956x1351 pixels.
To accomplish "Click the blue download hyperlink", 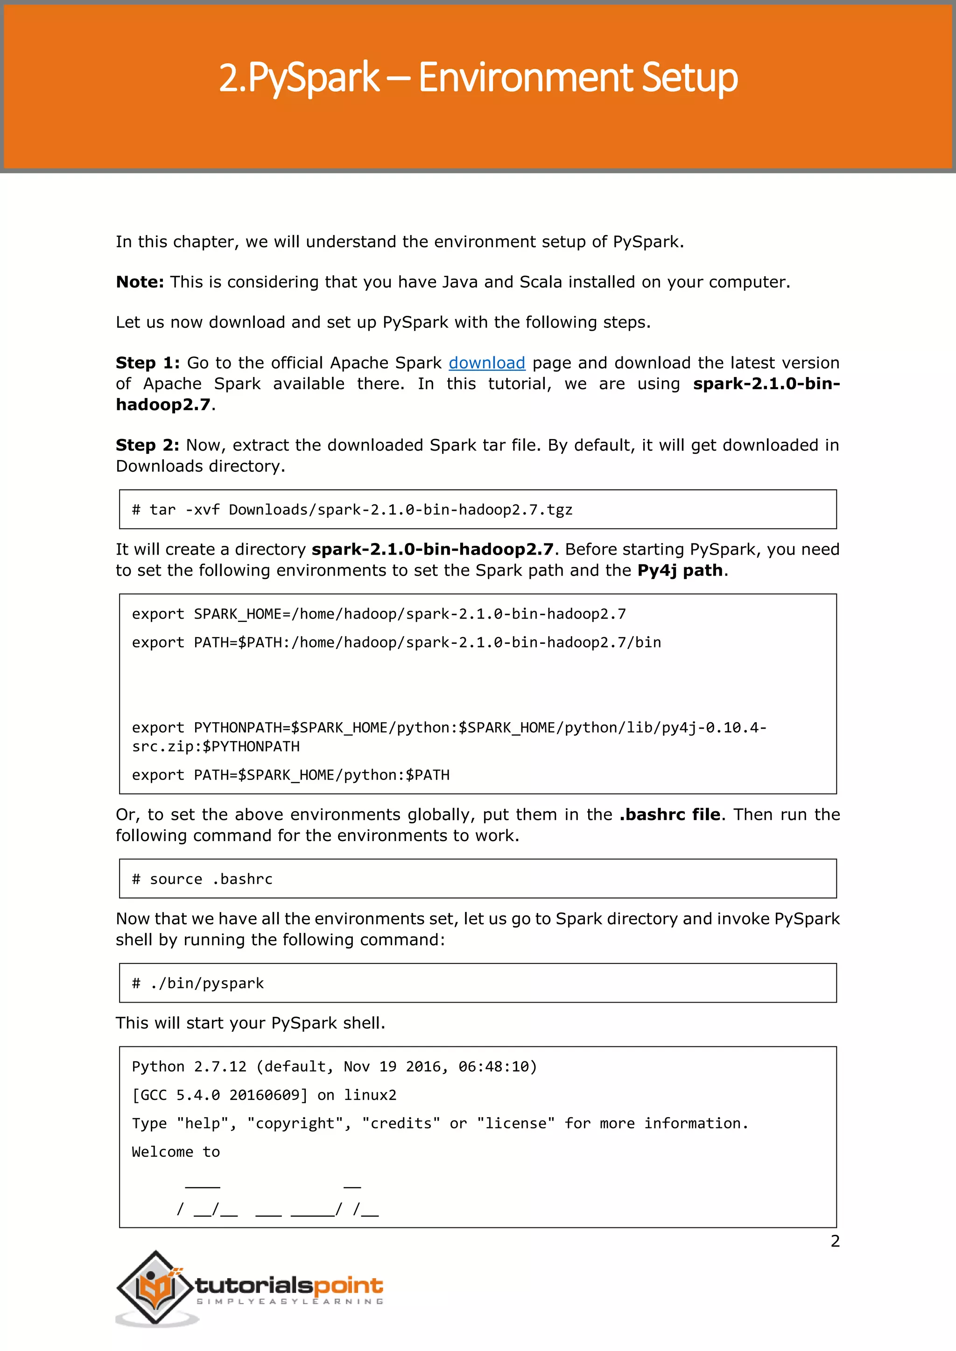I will [486, 363].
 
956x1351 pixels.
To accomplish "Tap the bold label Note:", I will [140, 282].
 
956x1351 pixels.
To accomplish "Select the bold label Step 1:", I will [147, 363].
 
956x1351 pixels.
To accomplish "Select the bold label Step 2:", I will [147, 446].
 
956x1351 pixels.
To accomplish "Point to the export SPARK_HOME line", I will [379, 614].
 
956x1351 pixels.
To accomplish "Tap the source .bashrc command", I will [202, 879].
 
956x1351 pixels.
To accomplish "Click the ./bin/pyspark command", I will [198, 983].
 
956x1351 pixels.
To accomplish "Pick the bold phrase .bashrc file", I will [669, 815].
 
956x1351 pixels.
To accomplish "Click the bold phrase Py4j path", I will [680, 571].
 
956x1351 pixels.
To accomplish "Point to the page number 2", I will [835, 1241].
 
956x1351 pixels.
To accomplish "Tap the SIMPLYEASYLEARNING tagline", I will [289, 1302].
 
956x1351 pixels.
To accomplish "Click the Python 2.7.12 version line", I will [334, 1067].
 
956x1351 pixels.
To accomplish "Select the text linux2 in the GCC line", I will [370, 1095].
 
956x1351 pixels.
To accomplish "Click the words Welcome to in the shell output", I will [176, 1152].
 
